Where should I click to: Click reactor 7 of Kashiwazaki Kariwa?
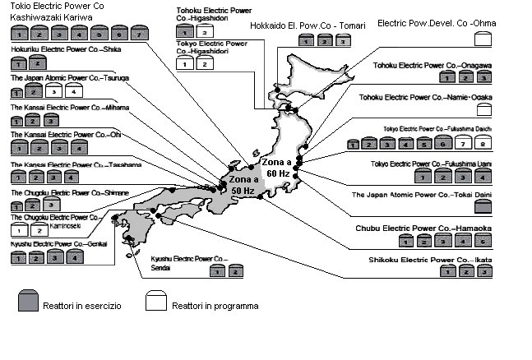140,35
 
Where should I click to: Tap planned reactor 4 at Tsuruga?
76,91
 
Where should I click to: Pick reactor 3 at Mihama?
56,121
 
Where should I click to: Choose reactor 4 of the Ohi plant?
76,149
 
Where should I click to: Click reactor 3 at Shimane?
56,205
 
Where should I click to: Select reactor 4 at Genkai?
76,257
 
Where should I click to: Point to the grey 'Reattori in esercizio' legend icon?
26,302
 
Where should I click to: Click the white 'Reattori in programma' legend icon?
156,302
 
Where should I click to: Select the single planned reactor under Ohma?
483,41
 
